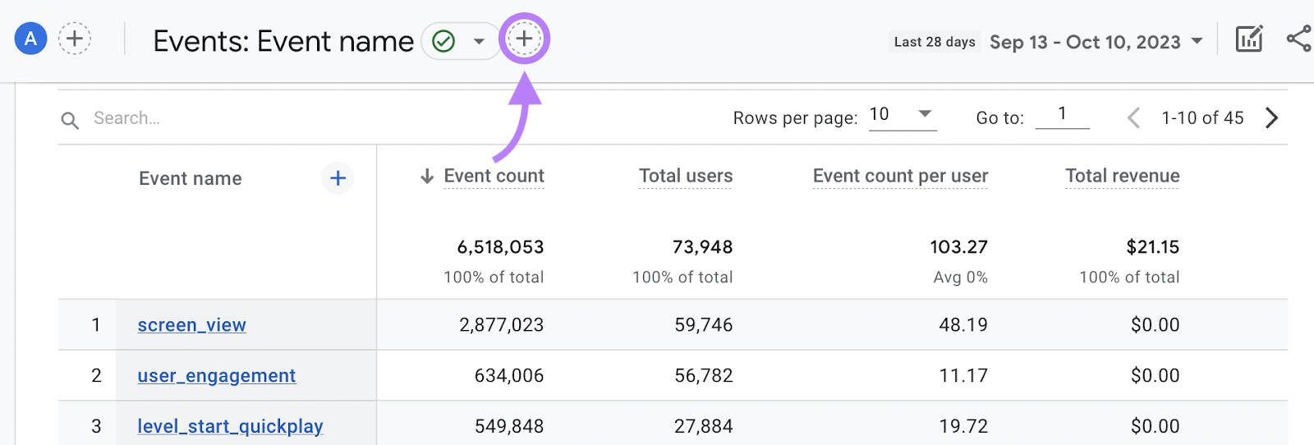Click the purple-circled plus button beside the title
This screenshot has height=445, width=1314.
tap(524, 39)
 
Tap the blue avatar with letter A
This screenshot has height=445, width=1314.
tap(30, 39)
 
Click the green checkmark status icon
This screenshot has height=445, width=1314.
tap(443, 41)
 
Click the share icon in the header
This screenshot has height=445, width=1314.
tap(1298, 39)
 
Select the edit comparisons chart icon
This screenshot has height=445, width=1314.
tap(1248, 39)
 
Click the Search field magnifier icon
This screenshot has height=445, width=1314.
tap(70, 120)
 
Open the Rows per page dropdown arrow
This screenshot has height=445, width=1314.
tap(925, 114)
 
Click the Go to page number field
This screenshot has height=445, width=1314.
tap(1062, 115)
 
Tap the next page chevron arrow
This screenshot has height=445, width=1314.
tap(1271, 118)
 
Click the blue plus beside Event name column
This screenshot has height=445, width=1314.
tap(338, 178)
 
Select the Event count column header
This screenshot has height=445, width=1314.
tap(494, 176)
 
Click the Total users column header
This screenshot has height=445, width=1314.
tap(686, 176)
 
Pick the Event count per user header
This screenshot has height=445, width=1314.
tap(900, 176)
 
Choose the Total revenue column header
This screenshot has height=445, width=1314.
tap(1122, 176)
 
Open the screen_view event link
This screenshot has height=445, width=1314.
tap(192, 325)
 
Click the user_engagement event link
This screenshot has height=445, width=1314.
tap(217, 376)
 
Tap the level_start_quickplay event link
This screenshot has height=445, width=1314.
tap(230, 427)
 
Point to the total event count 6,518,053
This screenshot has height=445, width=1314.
tap(500, 247)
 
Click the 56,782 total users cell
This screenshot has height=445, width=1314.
tap(703, 376)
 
